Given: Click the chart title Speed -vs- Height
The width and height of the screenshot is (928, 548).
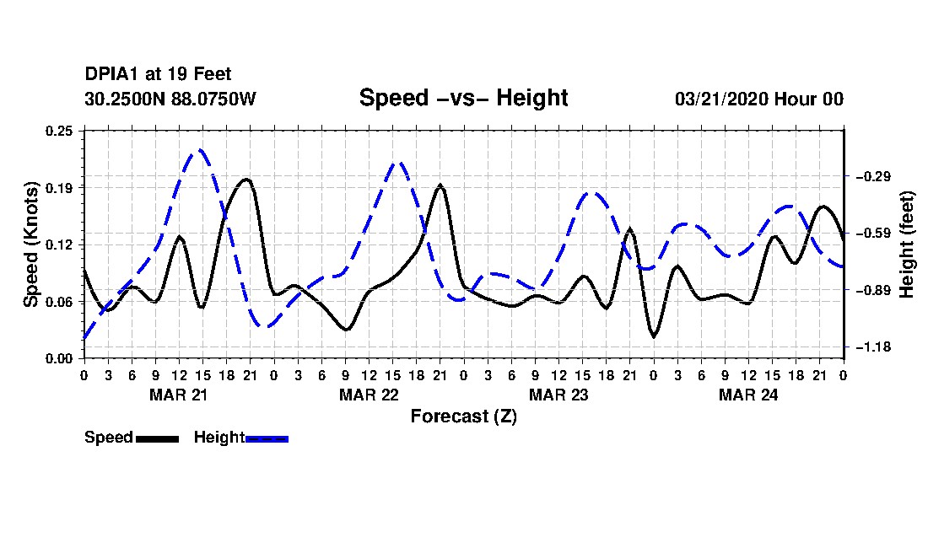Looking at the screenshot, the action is pyautogui.click(x=463, y=98).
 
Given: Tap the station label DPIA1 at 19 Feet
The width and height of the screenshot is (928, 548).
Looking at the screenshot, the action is pyautogui.click(x=158, y=74).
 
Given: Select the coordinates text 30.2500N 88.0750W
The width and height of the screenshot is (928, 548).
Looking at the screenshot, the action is pyautogui.click(x=170, y=99).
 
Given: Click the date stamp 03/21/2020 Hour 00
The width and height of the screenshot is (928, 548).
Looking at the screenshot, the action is pyautogui.click(x=759, y=99).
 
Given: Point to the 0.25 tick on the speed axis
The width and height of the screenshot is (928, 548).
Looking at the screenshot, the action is pyautogui.click(x=59, y=131).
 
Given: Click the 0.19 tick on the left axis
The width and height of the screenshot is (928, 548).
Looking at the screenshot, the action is pyautogui.click(x=59, y=188).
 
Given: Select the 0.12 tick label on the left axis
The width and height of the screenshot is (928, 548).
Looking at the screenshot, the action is pyautogui.click(x=59, y=244).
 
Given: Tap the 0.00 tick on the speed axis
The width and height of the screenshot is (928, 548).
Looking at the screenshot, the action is pyautogui.click(x=59, y=359).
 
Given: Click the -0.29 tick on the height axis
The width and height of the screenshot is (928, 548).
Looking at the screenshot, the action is pyautogui.click(x=873, y=176).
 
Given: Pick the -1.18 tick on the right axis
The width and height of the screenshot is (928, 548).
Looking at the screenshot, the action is pyautogui.click(x=873, y=347).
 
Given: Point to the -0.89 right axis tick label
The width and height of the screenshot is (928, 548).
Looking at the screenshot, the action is pyautogui.click(x=873, y=290).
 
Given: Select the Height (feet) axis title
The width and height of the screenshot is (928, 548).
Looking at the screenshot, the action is pyautogui.click(x=907, y=244).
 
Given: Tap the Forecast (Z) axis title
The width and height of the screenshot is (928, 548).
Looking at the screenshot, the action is pyautogui.click(x=463, y=416).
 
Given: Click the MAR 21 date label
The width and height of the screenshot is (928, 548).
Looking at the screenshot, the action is pyautogui.click(x=179, y=395).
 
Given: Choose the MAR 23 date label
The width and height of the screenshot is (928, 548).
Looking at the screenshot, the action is pyautogui.click(x=558, y=395).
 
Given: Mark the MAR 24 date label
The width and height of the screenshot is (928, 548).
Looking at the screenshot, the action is pyautogui.click(x=748, y=395).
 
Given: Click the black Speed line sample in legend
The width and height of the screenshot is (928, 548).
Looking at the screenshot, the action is pyautogui.click(x=157, y=438).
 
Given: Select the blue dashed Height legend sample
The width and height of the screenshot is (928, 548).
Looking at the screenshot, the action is pyautogui.click(x=267, y=438).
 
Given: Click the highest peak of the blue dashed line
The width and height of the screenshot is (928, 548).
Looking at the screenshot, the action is pyautogui.click(x=200, y=150).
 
